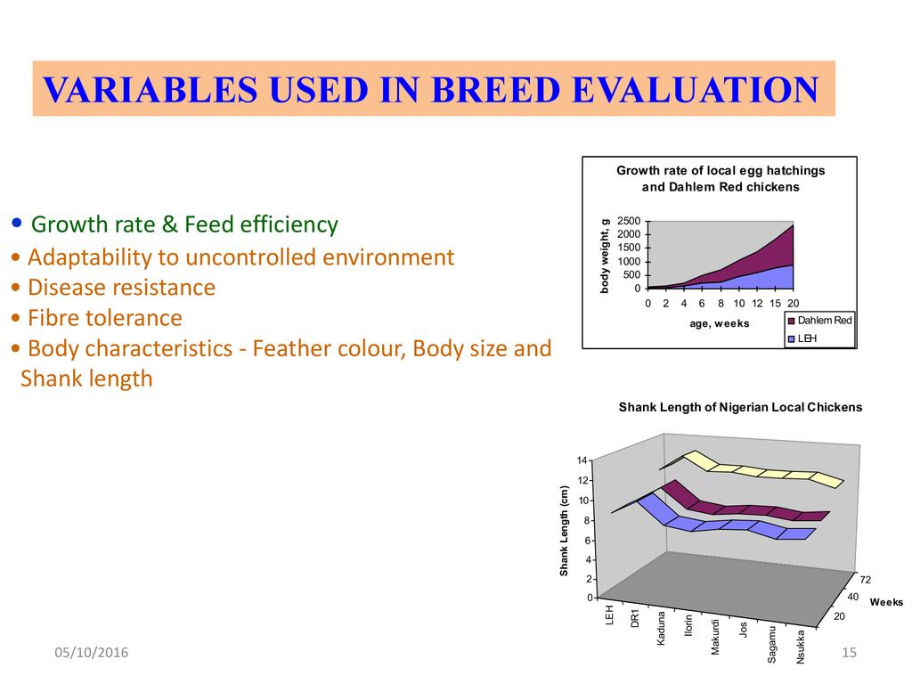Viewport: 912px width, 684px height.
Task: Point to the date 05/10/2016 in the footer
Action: point(92,652)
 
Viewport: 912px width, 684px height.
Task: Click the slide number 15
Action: point(849,652)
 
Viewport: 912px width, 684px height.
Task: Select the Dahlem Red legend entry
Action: point(819,321)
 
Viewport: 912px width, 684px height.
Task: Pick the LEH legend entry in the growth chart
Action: point(802,338)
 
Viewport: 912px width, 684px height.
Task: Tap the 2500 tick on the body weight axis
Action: point(629,221)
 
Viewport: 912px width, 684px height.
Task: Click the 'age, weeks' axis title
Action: point(720,323)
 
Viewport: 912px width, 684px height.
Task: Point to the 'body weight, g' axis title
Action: point(605,256)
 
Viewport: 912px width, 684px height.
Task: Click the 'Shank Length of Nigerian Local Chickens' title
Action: point(740,407)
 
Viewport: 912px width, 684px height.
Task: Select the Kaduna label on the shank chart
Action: point(661,628)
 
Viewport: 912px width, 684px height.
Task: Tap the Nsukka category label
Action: point(801,647)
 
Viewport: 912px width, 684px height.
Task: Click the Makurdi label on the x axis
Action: point(715,637)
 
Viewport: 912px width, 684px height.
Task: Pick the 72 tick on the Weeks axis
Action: point(866,579)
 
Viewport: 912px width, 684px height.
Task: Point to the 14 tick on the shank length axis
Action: point(582,460)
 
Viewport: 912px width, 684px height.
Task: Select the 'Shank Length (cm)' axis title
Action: point(564,531)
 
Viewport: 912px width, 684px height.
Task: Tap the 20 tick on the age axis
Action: point(794,303)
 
